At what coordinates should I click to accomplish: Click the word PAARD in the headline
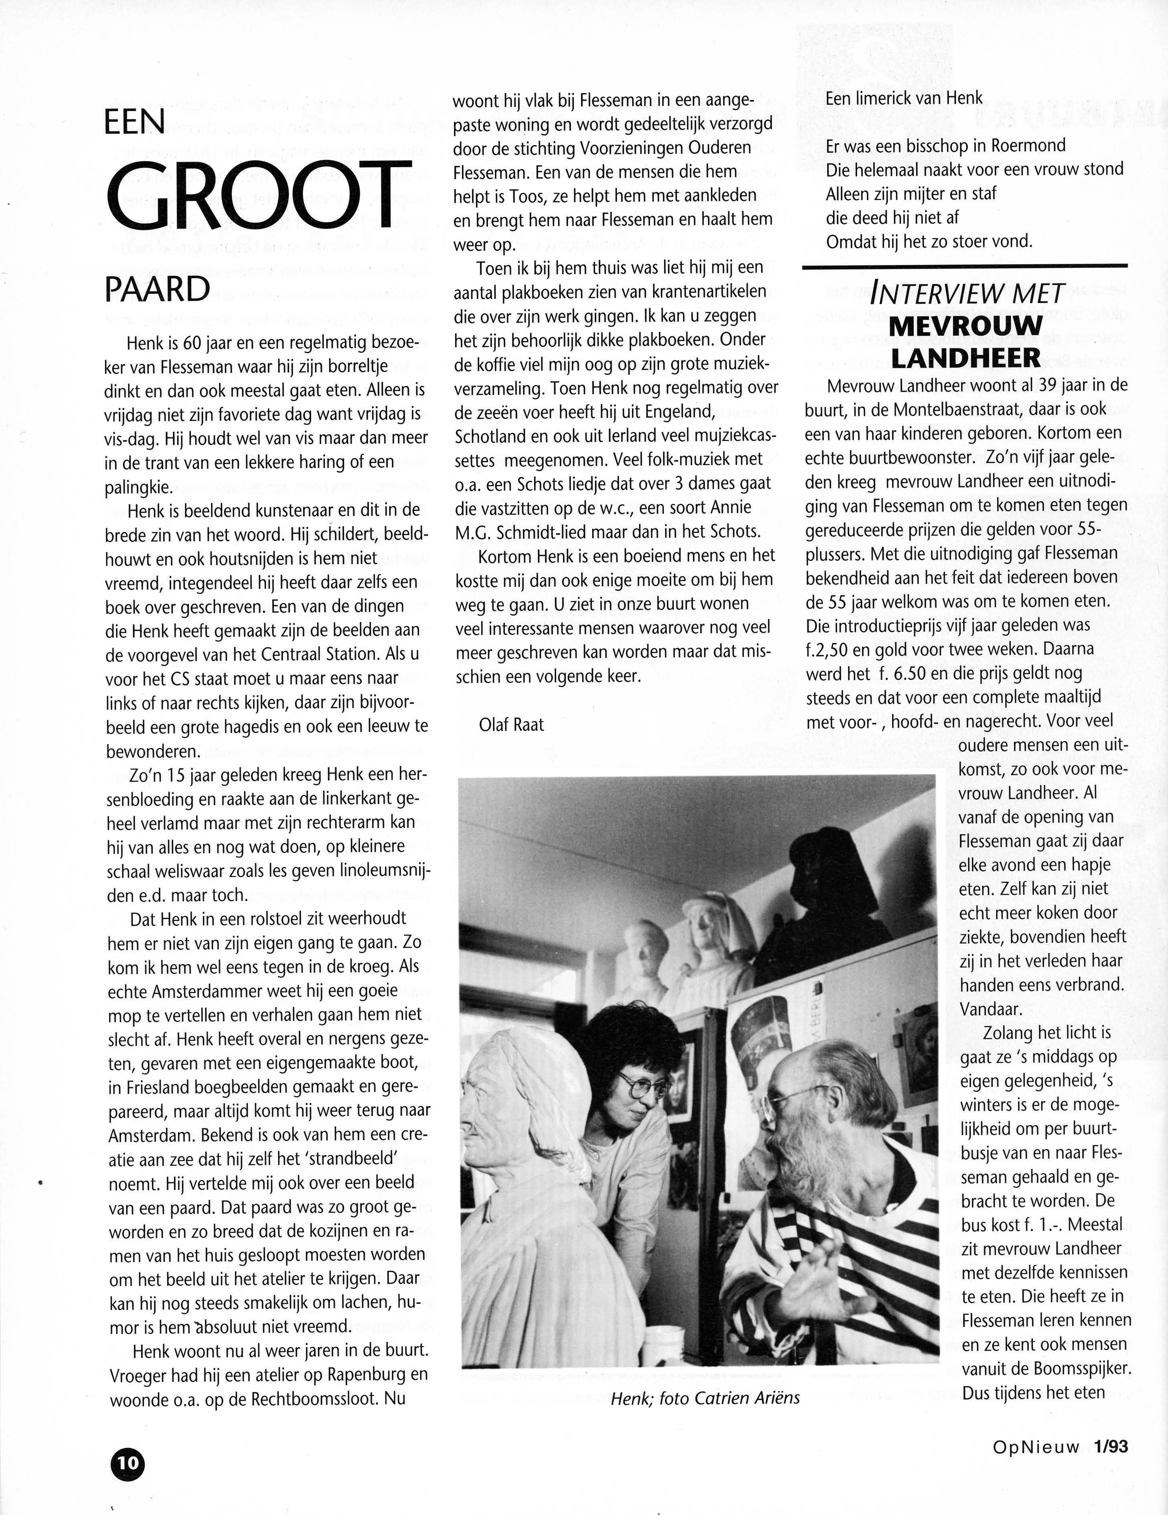(x=158, y=290)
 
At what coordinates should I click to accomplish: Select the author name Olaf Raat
(x=511, y=725)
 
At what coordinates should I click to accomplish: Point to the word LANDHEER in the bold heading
(x=966, y=358)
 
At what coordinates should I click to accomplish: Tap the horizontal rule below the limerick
(x=964, y=266)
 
